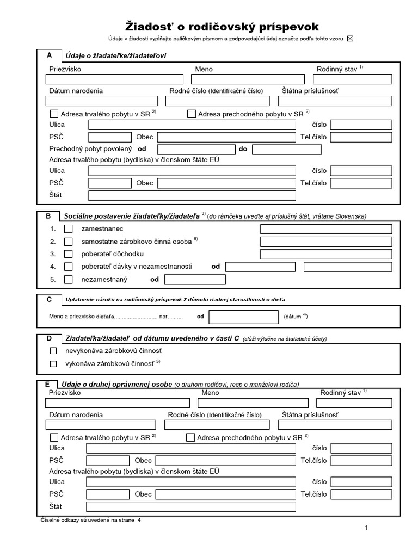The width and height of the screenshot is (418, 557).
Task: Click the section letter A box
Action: click(x=50, y=55)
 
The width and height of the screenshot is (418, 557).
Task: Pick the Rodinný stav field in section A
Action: click(x=353, y=79)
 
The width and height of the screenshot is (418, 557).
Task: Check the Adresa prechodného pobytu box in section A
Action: click(x=191, y=114)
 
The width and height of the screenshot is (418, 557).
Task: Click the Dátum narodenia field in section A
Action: click(x=102, y=101)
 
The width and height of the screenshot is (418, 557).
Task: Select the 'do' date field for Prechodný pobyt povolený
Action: click(x=287, y=149)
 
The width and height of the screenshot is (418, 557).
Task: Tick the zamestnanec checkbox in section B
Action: click(x=68, y=229)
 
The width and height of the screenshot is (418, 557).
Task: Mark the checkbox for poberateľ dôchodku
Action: click(x=68, y=254)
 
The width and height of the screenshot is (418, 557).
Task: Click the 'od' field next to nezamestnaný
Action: click(x=195, y=280)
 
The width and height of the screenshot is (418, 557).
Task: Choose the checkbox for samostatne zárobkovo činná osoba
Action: click(x=68, y=242)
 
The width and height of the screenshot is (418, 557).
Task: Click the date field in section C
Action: click(x=243, y=317)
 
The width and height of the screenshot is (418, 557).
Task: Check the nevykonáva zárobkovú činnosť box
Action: click(x=53, y=351)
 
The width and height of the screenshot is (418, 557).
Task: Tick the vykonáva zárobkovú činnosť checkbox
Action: click(x=53, y=363)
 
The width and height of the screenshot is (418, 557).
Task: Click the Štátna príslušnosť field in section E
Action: click(x=336, y=425)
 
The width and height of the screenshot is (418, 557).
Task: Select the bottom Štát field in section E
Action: click(x=190, y=507)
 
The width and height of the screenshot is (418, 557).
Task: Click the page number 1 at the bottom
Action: click(x=366, y=528)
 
